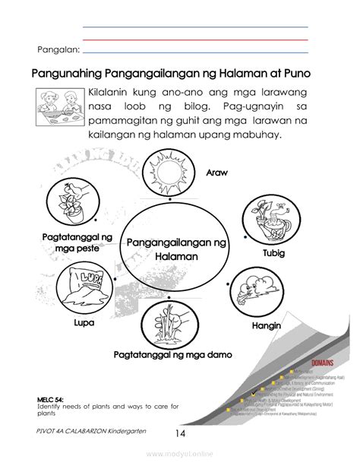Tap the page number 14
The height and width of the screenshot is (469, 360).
pyautogui.click(x=180, y=433)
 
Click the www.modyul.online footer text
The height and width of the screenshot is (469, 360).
pyautogui.click(x=180, y=458)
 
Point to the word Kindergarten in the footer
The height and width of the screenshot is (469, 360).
pyautogui.click(x=135, y=430)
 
